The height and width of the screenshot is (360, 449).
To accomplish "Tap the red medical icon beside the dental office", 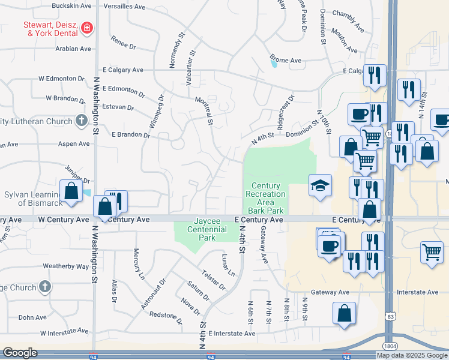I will coord(87,28).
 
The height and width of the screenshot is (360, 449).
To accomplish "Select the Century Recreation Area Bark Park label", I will coord(266,198).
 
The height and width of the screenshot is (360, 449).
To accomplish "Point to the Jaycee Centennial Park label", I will coord(202,229).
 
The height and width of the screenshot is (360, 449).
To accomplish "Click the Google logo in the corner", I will coord(20,353).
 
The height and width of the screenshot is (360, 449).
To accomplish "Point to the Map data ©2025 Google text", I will coord(411,355).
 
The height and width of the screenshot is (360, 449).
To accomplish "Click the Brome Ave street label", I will coord(285,61).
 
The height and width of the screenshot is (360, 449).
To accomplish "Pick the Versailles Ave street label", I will coord(125,7).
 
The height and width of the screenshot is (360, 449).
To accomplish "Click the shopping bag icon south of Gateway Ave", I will coord(344,314).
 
